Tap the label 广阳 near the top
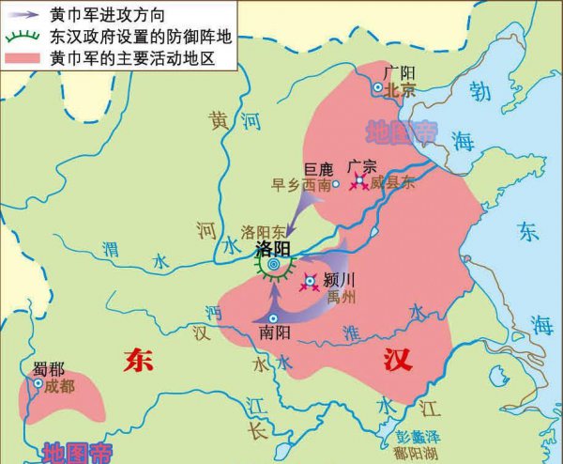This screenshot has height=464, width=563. [401, 72]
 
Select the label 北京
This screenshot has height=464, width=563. [402, 90]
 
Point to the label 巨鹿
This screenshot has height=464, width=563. [319, 169]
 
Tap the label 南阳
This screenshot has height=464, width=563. [271, 332]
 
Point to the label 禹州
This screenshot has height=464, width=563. [342, 298]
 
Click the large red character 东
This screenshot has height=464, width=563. [138, 360]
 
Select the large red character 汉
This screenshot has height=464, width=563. [397, 360]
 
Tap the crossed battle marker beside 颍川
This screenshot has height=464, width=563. [311, 283]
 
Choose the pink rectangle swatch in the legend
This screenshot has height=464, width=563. [21, 58]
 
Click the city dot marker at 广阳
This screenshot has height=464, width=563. [378, 87]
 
